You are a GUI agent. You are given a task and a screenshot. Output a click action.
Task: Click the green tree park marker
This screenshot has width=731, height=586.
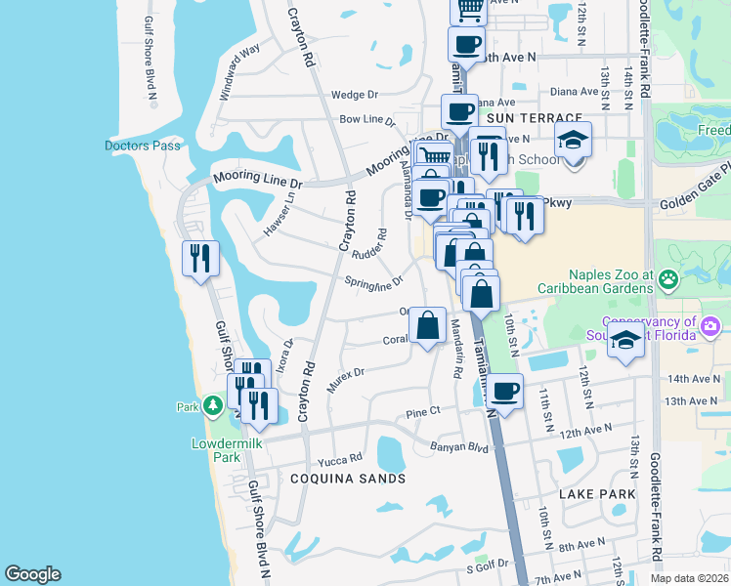pyautogui.click(x=213, y=405)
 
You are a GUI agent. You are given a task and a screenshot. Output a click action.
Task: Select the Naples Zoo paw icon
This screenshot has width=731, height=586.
pyautogui.click(x=669, y=280)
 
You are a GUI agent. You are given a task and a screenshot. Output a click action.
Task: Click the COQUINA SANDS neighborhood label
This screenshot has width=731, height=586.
pyautogui.click(x=347, y=479)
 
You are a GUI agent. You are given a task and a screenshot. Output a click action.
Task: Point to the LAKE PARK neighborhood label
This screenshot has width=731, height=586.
pyautogui.click(x=597, y=494)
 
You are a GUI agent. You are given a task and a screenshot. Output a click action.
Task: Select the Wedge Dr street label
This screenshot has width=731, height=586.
pyautogui.click(x=354, y=95)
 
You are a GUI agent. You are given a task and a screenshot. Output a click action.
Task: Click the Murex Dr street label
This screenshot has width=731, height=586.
pyautogui.click(x=345, y=380)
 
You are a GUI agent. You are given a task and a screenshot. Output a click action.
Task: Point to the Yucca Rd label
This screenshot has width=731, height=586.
pyautogui.click(x=339, y=458)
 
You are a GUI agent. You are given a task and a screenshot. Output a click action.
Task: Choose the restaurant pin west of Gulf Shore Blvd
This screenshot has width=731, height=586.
pyautogui.click(x=200, y=259)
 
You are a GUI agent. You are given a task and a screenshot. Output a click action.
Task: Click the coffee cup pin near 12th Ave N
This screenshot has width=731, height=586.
pyautogui.click(x=504, y=392)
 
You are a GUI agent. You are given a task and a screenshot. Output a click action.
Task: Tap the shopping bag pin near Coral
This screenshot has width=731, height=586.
pyautogui.click(x=427, y=325)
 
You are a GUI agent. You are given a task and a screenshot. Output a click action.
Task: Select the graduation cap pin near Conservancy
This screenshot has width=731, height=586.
pyautogui.click(x=625, y=341)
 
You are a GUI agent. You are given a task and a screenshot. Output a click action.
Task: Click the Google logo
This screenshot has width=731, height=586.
pyautogui.click(x=32, y=574)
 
